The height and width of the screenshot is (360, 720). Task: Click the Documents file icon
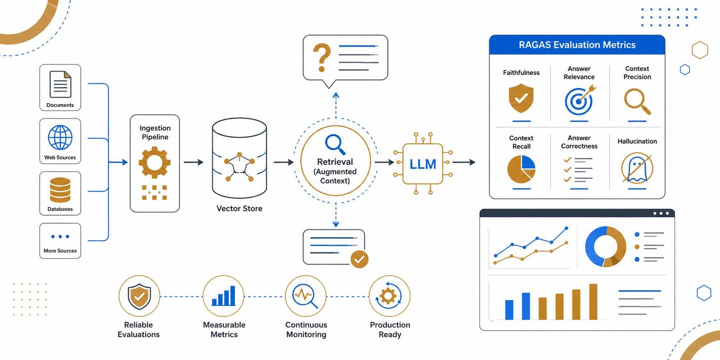pos(60,84)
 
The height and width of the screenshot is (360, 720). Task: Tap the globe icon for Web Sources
pos(60,138)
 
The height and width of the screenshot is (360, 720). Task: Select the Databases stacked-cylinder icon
pos(60,190)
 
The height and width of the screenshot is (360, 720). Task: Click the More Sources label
pos(60,251)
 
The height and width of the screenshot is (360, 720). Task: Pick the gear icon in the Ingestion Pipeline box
pos(155,162)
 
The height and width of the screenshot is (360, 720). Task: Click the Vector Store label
pos(239,209)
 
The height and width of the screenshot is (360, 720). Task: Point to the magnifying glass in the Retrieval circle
pos(335,144)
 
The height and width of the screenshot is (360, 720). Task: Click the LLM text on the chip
pos(423,164)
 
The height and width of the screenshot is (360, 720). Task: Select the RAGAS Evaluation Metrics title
pos(577,45)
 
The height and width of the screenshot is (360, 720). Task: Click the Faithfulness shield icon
pos(521,99)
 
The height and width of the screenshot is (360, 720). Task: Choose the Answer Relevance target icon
pos(580,101)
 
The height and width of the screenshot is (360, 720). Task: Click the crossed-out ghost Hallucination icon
pos(637,168)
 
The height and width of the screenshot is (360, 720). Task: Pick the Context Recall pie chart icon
pos(521,169)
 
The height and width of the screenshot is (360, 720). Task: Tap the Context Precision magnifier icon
pos(637,102)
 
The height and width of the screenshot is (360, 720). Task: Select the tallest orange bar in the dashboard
pos(593,302)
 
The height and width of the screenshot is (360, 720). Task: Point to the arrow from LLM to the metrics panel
pos(464,162)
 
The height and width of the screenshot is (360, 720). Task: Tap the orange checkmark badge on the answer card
pos(360,259)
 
